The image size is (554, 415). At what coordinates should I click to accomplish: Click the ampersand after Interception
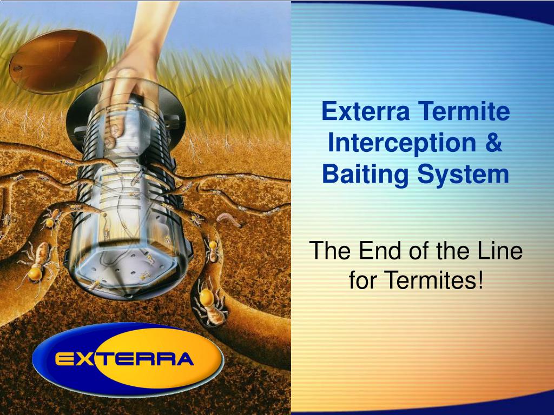tap(493, 143)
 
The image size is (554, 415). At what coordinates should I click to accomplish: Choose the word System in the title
tap(463, 175)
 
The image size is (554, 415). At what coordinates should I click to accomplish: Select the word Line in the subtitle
tap(501, 251)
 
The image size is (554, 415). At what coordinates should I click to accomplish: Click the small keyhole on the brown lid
tap(17, 69)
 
